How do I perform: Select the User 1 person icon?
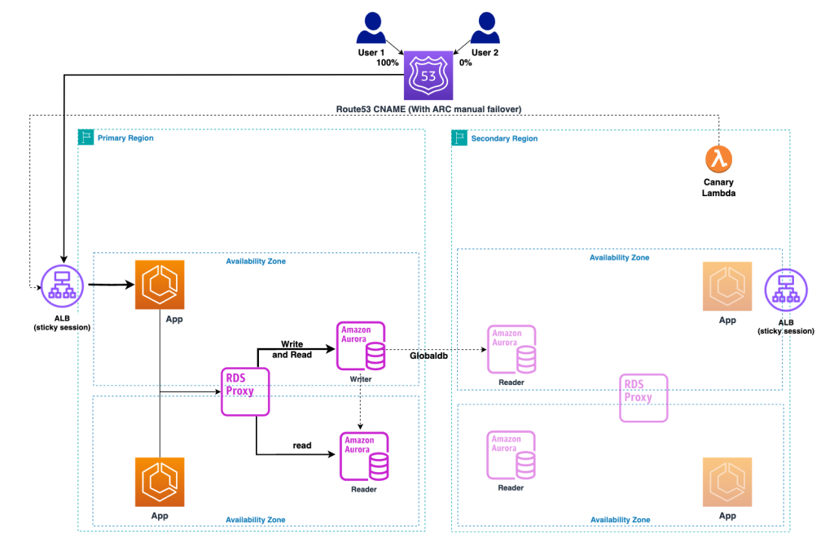pos(371,30)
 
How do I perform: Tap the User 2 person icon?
pos(485,30)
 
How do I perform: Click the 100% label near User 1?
pos(387,63)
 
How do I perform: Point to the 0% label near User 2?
pos(466,63)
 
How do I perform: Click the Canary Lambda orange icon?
pos(719,158)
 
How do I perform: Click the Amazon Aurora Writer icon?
pos(361,346)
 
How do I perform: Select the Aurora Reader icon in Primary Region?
pos(363,456)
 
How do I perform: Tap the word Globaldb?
pos(428,356)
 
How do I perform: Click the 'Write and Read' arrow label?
pos(292,349)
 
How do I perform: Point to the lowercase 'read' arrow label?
pos(302,445)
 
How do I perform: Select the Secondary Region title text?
pos(504,138)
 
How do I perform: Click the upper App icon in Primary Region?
pos(160,285)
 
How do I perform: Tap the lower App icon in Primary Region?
pos(160,482)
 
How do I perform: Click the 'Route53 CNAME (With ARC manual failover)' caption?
pos(428,109)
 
